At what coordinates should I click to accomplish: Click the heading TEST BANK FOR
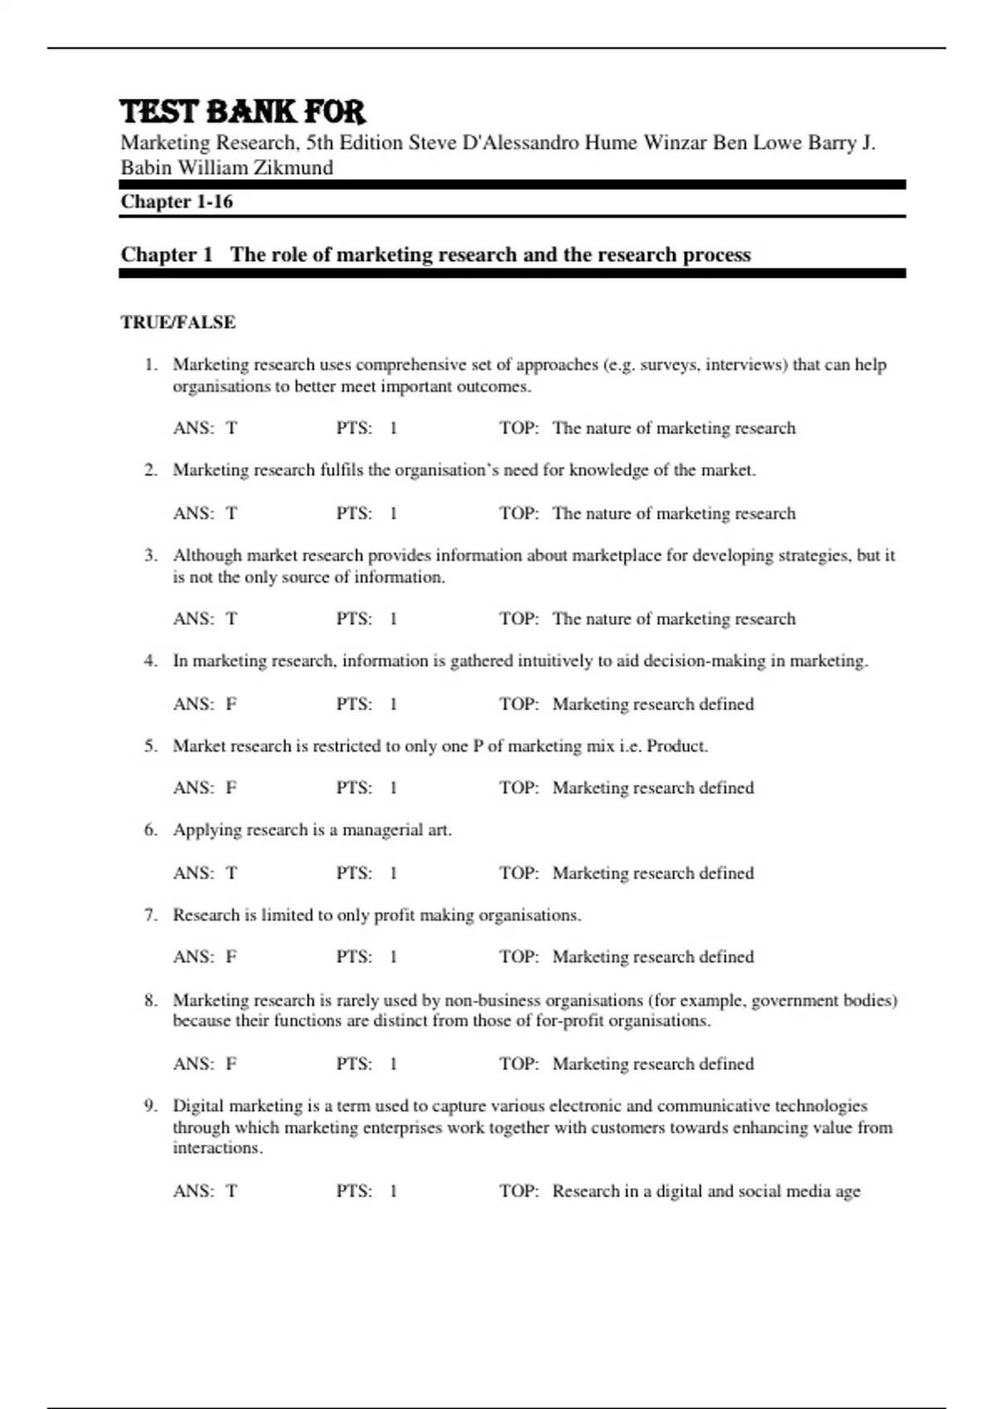(243, 112)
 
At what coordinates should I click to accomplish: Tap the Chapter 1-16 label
(176, 201)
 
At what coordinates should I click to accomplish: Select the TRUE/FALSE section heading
(178, 322)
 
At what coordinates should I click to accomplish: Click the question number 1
(149, 365)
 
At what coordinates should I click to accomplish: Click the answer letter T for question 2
(231, 514)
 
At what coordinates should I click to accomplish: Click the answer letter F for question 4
(231, 704)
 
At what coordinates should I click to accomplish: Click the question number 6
(150, 830)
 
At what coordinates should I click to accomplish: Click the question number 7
(150, 915)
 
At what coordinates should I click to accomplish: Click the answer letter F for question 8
(231, 1064)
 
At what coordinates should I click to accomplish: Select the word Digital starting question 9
(198, 1106)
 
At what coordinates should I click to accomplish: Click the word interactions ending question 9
(216, 1149)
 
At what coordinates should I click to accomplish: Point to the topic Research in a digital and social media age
(706, 1192)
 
